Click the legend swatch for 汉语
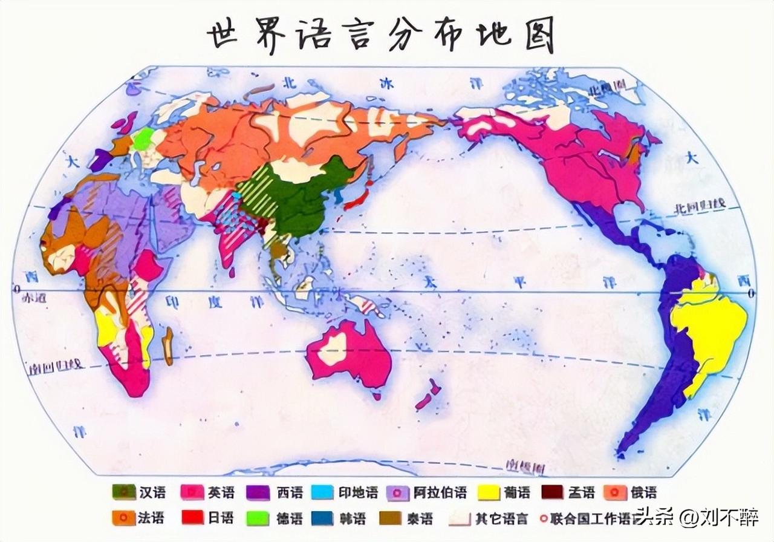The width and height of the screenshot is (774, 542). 123,492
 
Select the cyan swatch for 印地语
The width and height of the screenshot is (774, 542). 322,492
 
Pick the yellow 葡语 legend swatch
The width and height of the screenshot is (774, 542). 489,492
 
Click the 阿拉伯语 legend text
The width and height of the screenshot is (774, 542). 441,492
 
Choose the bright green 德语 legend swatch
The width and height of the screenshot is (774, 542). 258,518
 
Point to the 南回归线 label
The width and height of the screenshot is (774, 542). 54,365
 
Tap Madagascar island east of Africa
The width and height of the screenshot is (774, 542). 167,346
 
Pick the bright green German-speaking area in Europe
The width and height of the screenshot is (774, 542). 144,139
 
